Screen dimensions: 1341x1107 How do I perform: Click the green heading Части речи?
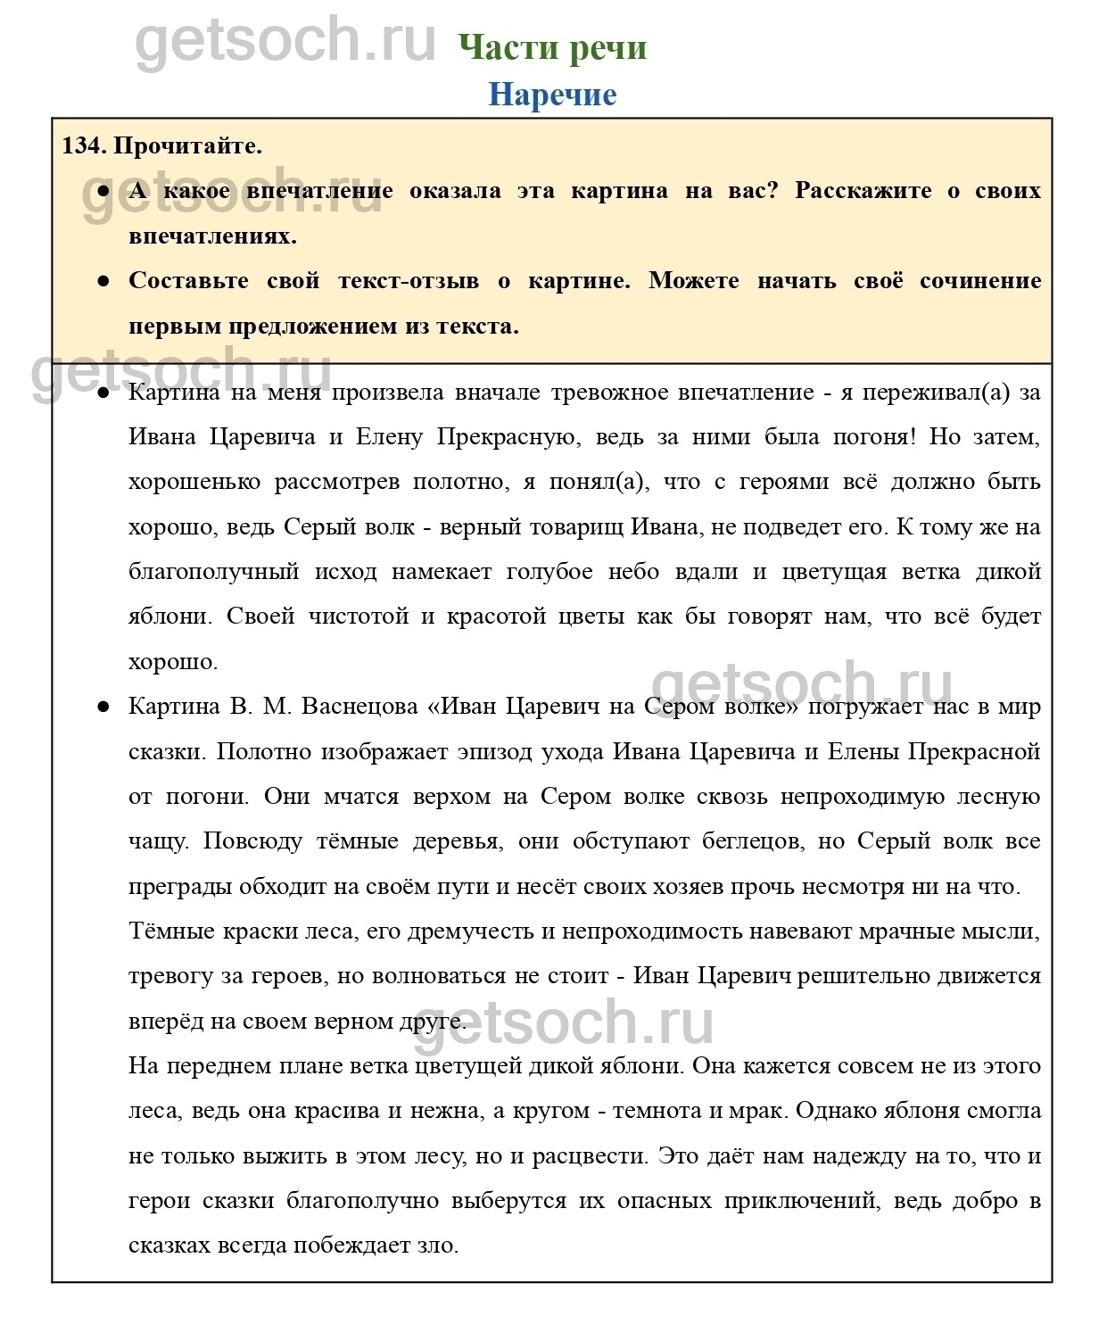[x=552, y=47]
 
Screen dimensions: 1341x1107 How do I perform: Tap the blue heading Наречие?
[x=552, y=95]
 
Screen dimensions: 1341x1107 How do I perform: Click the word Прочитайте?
[x=188, y=146]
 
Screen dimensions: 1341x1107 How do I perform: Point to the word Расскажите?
[x=863, y=191]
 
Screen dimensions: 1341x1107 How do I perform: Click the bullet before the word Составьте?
[x=103, y=281]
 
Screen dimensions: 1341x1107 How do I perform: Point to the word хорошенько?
[x=194, y=482]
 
